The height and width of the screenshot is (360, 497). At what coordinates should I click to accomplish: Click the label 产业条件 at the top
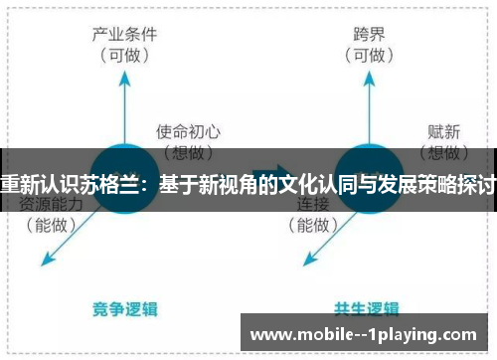(x=124, y=33)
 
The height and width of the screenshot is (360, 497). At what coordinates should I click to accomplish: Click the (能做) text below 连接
(x=313, y=225)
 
